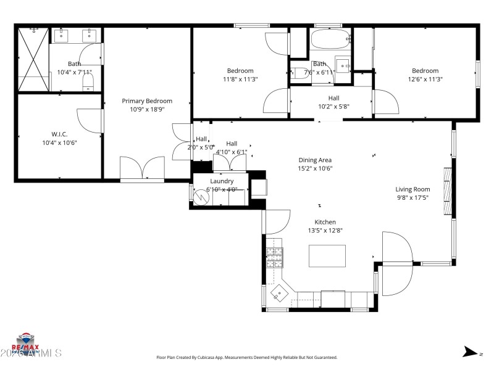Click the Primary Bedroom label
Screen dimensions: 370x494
147,101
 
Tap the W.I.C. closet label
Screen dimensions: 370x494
59,134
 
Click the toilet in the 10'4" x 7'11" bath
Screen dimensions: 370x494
88,81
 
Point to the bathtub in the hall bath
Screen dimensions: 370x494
330,41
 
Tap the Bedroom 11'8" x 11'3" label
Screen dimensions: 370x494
240,71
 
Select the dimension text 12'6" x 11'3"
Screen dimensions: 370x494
425,79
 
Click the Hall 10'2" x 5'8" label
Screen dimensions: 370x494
333,98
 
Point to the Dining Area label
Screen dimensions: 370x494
315,160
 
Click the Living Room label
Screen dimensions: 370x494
413,189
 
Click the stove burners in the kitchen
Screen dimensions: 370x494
274,256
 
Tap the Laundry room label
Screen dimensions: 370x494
222,181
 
